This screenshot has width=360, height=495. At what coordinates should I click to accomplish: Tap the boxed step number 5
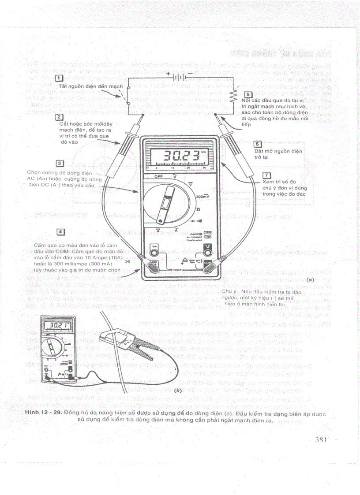[248, 94]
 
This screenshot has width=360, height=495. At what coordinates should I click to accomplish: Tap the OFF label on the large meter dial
[158, 176]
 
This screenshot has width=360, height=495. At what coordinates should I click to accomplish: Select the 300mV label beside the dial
[202, 196]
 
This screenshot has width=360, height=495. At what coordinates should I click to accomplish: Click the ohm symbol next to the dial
[198, 208]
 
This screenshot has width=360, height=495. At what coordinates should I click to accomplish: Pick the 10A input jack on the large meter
[154, 253]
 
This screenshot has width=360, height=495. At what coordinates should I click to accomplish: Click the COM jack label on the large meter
[207, 262]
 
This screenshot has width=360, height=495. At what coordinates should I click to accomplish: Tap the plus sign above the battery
[168, 73]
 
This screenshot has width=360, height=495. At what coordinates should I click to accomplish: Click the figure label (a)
[310, 279]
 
